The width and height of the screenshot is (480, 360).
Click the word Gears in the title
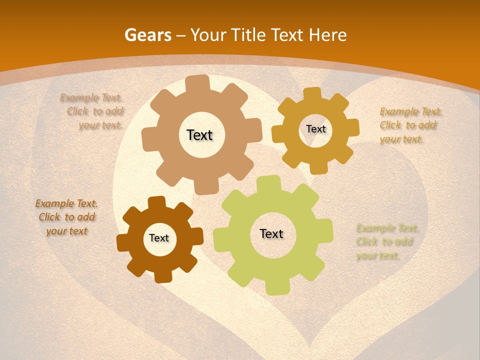point(147,35)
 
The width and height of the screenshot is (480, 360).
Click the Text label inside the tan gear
point(199,135)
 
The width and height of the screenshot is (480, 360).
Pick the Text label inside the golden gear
point(315,129)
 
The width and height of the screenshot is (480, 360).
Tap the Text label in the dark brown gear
point(159,238)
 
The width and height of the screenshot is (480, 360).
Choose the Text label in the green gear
point(271,233)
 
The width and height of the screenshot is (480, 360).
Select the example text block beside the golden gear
point(410,125)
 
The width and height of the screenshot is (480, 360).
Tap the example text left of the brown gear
point(66,217)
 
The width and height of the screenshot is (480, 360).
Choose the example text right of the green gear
point(386,242)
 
